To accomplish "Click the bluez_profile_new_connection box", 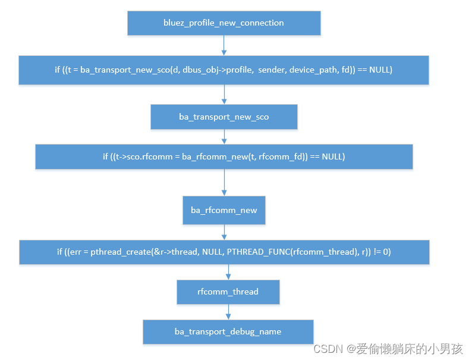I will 224,23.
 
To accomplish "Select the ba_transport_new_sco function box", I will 224,117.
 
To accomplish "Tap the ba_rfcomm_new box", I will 224,210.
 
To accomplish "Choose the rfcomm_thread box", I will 228,292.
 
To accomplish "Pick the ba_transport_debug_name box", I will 228,331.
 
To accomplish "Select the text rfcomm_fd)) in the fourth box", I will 281,156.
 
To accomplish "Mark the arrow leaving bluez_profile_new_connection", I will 224,45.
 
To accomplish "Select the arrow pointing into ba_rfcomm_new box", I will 224,183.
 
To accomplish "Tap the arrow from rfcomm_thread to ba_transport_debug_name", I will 228,311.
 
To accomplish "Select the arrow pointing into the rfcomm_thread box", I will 228,272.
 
